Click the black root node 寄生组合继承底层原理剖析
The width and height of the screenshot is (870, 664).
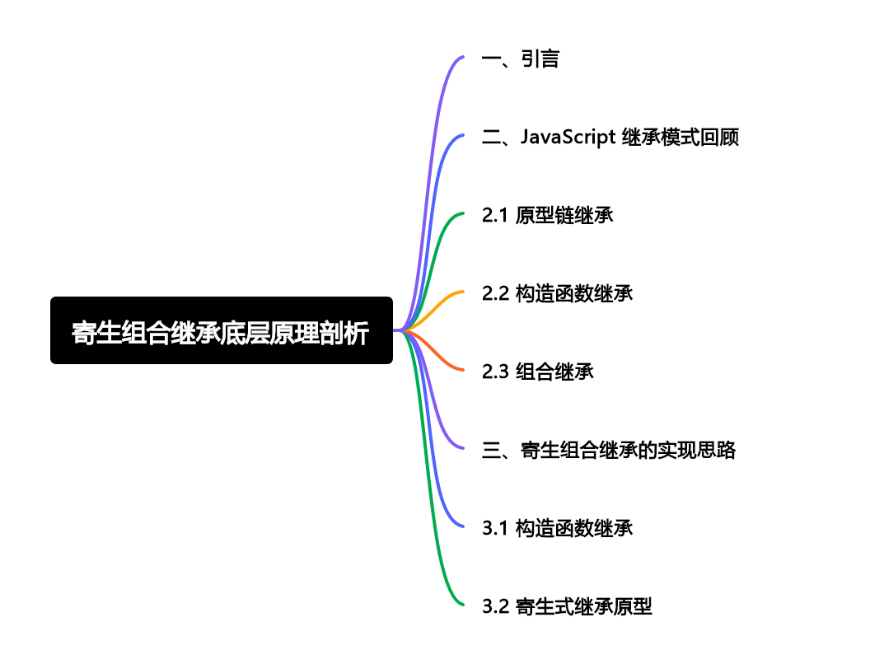pos(221,330)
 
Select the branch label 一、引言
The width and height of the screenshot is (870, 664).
pos(521,59)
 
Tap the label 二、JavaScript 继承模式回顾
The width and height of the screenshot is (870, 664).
pos(610,138)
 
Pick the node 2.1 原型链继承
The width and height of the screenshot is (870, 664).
pos(548,216)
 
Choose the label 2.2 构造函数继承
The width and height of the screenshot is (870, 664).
pos(558,293)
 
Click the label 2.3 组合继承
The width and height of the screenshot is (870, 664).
pos(538,372)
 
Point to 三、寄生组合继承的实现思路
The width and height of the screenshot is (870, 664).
pos(609,450)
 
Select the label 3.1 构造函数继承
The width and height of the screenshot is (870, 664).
pos(558,528)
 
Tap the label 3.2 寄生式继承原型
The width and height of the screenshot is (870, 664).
pos(568,607)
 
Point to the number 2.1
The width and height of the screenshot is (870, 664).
pos(495,216)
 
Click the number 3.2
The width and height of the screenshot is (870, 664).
pos(495,607)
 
